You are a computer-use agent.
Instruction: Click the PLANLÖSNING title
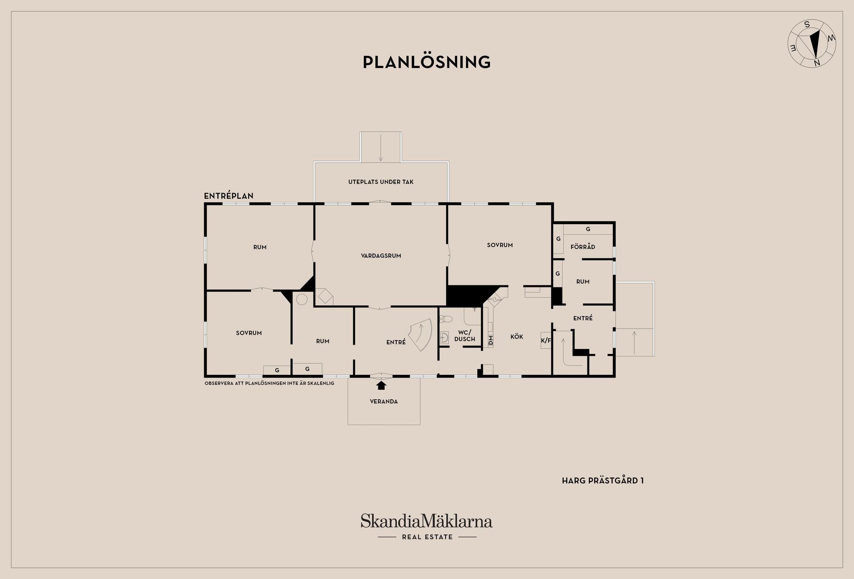coord(427,62)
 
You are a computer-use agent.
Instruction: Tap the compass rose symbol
coord(812,44)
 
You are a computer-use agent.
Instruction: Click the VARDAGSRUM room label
coord(381,256)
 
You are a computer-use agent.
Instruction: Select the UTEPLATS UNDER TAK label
coord(381,182)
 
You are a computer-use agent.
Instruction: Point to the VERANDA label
coord(384,402)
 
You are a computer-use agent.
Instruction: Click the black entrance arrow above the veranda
coord(381,385)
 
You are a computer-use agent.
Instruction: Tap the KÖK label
coord(517,337)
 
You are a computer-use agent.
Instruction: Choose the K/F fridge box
coord(546,341)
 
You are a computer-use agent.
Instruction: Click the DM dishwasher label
coord(491,341)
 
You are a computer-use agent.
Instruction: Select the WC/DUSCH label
coord(465,336)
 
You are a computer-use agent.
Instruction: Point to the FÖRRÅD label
coord(583,247)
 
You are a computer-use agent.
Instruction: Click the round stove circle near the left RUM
coord(302,299)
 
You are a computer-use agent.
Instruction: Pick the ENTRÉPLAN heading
coord(229,196)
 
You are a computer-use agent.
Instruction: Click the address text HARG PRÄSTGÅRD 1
coord(603,481)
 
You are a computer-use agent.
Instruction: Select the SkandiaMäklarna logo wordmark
coord(427,521)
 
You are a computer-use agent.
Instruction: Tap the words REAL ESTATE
coord(427,537)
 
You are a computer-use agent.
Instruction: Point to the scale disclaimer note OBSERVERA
coord(269,383)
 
